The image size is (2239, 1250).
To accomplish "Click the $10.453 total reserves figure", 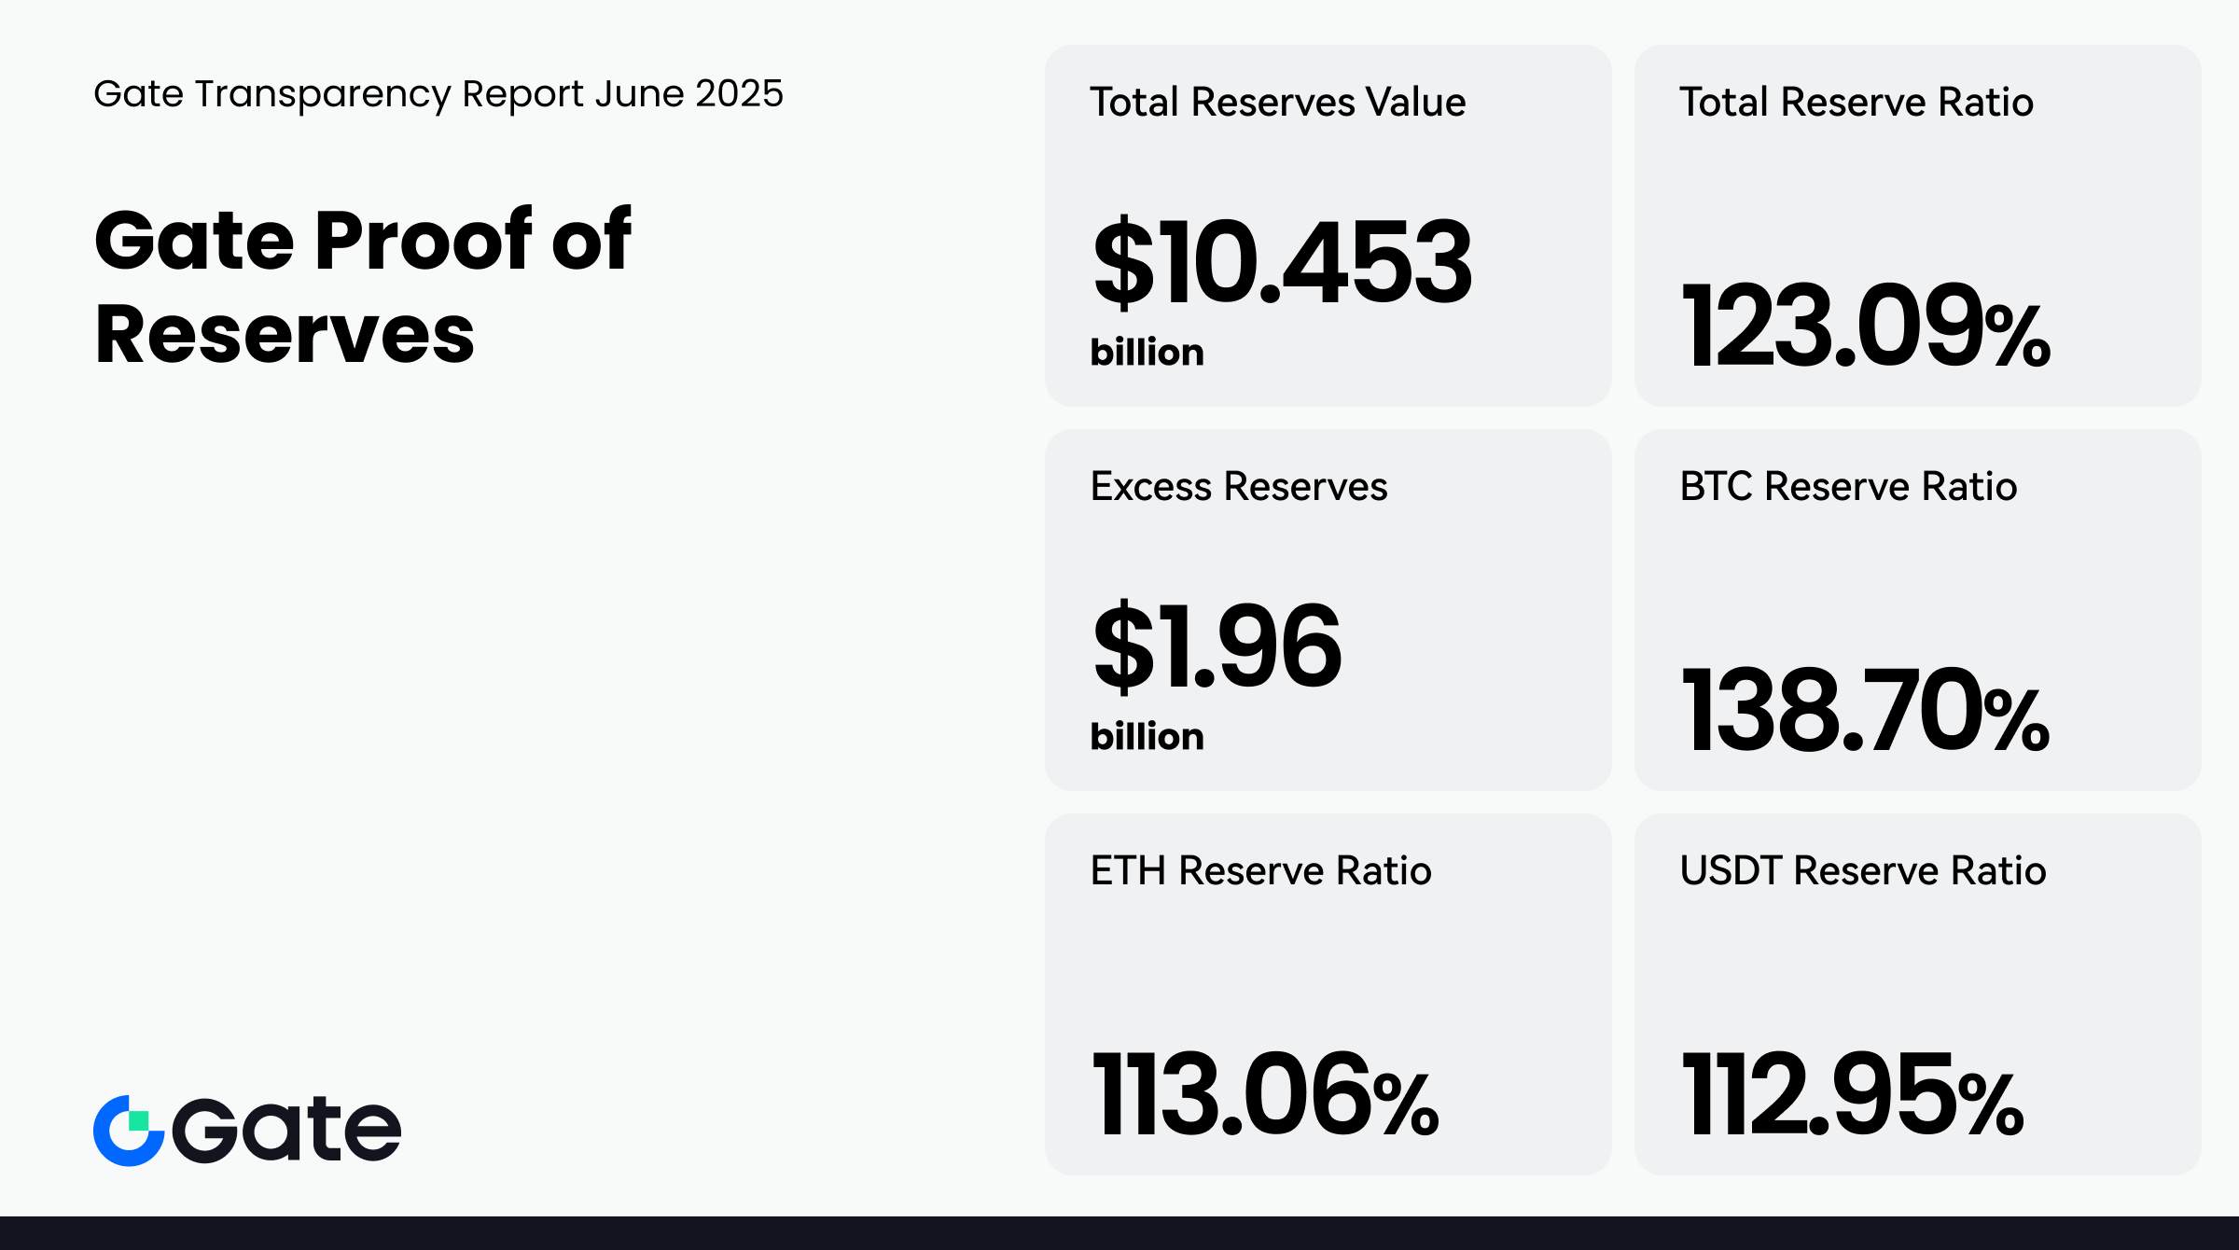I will click(x=1282, y=262).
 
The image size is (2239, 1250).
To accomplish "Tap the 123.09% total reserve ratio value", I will click(x=1864, y=326).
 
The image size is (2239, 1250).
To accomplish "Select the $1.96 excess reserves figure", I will click(x=1217, y=646).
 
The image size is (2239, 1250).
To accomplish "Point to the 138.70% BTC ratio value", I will click(x=1864, y=711).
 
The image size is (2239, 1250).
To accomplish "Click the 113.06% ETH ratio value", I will click(x=1264, y=1095).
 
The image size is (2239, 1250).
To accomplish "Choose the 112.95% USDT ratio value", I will click(x=1852, y=1095).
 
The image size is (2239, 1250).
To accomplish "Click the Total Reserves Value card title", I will click(x=1277, y=102).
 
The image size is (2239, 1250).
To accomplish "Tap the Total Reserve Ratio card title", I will click(x=1856, y=102).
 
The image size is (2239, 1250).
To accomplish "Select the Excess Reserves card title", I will click(x=1238, y=486).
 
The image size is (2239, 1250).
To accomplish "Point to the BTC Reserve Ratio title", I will click(x=1848, y=486).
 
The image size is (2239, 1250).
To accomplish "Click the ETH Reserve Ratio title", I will click(x=1260, y=870).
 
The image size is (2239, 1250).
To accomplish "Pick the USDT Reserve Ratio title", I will click(x=1862, y=870).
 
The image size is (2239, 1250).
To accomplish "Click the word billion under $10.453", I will click(x=1147, y=353).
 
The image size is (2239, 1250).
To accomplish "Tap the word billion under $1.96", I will click(x=1147, y=737).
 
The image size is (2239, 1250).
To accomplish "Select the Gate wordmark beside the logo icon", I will click(x=286, y=1131).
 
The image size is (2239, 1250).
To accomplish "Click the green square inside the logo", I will click(x=139, y=1120).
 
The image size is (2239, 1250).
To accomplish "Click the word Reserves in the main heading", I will click(x=285, y=334).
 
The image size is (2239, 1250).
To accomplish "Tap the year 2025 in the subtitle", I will click(x=739, y=93).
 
